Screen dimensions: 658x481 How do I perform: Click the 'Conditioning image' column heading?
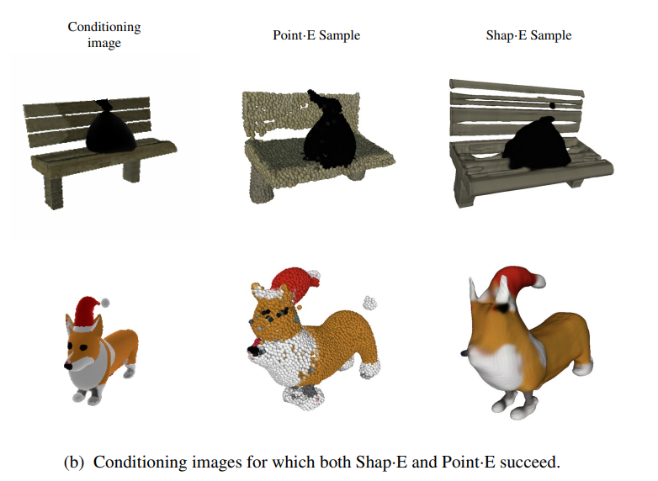click(104, 34)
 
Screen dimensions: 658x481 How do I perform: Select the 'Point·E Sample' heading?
click(316, 35)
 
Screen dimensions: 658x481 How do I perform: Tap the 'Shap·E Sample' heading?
click(528, 35)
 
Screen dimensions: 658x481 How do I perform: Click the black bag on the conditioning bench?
click(110, 128)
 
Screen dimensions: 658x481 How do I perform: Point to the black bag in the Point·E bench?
click(330, 132)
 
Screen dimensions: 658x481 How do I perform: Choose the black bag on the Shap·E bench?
click(536, 144)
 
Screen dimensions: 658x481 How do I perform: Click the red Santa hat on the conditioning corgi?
click(88, 312)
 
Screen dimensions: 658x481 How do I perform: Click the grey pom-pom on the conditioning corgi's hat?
click(105, 303)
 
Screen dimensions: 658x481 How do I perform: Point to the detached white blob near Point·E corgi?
click(369, 303)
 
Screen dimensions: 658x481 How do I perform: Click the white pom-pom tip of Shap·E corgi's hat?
click(539, 281)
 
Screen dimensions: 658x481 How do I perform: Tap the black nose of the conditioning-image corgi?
click(68, 366)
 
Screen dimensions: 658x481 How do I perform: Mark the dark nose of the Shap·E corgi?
click(464, 353)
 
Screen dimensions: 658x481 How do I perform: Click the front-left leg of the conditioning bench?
click(53, 192)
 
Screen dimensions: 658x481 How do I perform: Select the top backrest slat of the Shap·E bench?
click(517, 87)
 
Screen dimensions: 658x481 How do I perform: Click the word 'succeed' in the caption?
click(528, 462)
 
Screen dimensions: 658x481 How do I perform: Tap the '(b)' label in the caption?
click(74, 462)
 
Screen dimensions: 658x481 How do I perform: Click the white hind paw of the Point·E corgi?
click(369, 370)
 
